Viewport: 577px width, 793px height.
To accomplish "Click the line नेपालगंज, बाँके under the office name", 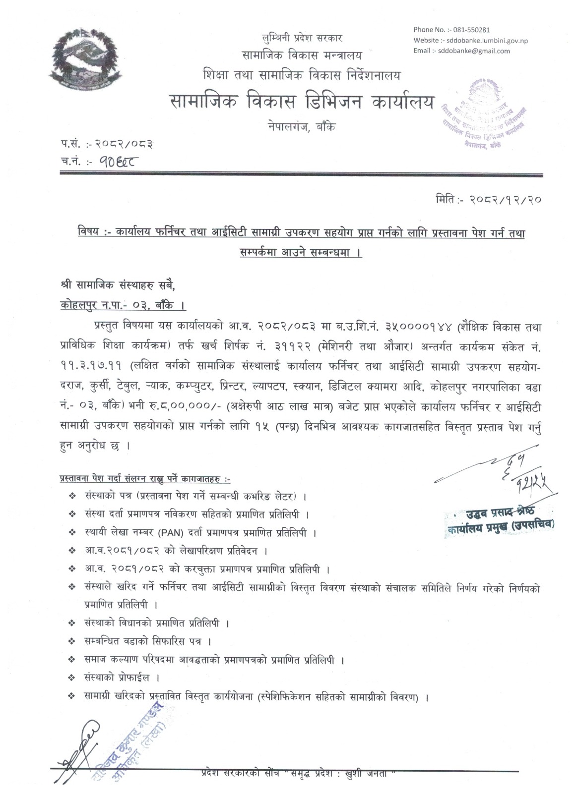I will pos(300,127).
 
